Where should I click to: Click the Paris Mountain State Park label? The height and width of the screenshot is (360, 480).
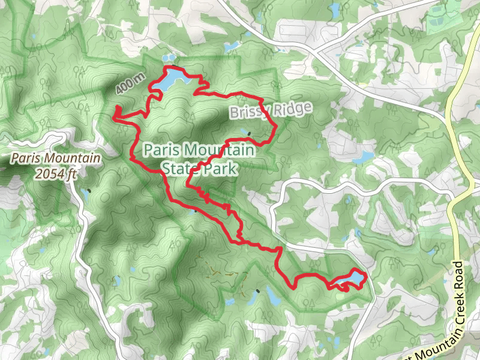pyautogui.click(x=190, y=158)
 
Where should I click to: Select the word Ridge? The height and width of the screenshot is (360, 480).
pyautogui.click(x=294, y=108)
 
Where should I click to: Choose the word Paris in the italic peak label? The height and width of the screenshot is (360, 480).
pyautogui.click(x=26, y=159)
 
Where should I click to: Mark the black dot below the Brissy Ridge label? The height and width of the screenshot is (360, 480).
pyautogui.click(x=248, y=133)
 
